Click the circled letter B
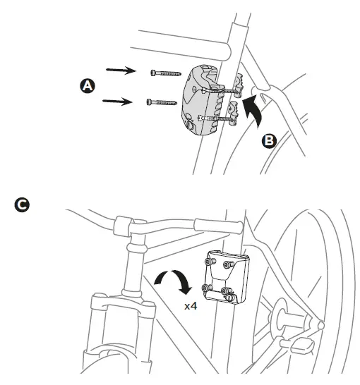[x=268, y=140]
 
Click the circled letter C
[x=22, y=204]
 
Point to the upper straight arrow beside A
[x=121, y=70]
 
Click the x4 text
[x=191, y=307]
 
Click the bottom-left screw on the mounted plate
[x=208, y=288]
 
